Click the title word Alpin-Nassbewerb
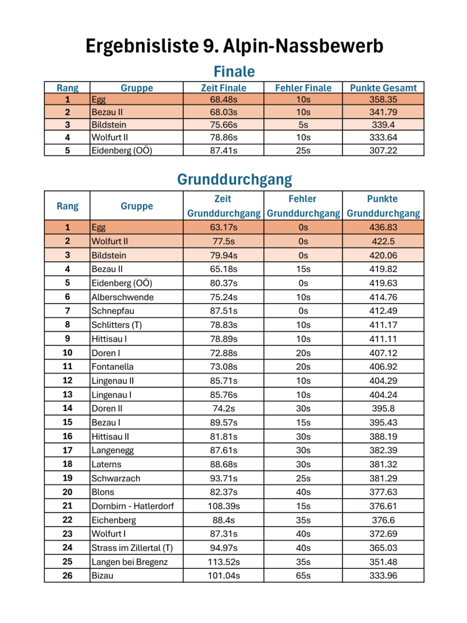coord(303,46)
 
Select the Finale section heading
coord(234,71)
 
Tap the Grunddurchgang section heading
coord(234,179)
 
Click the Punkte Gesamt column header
coord(383,88)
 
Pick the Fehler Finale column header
coord(303,88)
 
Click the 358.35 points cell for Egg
coord(383,100)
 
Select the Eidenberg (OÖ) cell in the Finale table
coord(122,151)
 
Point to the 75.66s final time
coord(224,125)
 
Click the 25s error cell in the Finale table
coord(303,151)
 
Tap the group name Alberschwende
coord(123,297)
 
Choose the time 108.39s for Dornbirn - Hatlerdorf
coord(224,506)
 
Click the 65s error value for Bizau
coord(303,576)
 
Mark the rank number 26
coord(67,576)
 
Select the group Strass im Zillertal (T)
coord(132,548)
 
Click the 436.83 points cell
coord(383,227)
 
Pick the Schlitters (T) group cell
coord(117,325)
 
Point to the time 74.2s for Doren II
coord(224,408)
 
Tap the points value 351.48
coord(383,562)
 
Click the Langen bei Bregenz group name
coord(130,562)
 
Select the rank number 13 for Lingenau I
coord(67,395)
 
